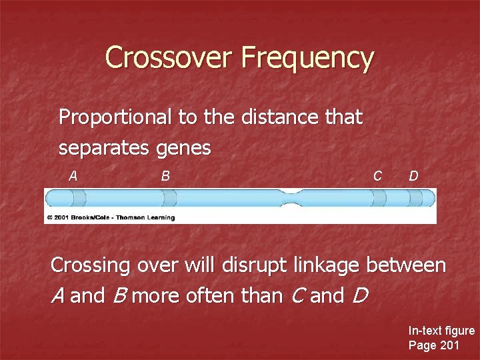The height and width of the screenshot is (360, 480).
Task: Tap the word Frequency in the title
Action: coord(307,59)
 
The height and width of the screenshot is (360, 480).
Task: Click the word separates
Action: coord(104,148)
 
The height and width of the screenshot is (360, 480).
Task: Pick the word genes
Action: coord(183,149)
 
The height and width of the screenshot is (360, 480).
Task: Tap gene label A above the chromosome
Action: coord(75,176)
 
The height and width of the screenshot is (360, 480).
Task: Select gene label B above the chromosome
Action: coord(165,176)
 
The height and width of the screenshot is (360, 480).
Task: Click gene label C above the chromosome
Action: coord(377,176)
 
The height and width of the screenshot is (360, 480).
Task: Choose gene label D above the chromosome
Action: coord(413,176)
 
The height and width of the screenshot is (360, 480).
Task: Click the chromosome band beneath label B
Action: coord(169,198)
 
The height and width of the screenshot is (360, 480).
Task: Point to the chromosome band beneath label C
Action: coord(379,198)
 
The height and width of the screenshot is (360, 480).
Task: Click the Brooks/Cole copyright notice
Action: coord(111,217)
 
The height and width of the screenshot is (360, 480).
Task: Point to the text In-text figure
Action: coord(441,331)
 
